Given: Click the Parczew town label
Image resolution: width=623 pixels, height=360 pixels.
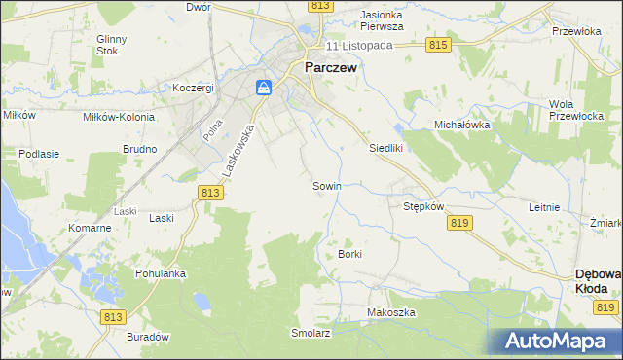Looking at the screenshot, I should [x=331, y=68].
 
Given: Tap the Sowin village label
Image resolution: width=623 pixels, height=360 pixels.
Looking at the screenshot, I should [x=326, y=185].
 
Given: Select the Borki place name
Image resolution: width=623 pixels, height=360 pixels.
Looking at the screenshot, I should [x=349, y=254].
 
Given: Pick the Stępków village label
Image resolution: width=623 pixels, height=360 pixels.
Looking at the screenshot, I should [x=423, y=207].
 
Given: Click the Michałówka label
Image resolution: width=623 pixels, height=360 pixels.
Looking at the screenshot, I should [x=461, y=126].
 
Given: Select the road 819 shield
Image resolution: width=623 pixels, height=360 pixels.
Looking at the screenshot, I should [x=461, y=223].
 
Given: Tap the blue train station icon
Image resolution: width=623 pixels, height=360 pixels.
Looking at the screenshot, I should [x=264, y=88].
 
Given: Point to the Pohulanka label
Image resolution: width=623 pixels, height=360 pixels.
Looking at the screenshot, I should [x=161, y=273].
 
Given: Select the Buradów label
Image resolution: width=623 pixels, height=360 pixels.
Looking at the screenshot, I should [x=148, y=336].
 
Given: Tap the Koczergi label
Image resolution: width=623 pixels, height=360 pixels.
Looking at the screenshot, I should [x=193, y=88].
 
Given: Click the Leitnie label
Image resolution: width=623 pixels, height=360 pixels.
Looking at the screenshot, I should [x=544, y=207].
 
